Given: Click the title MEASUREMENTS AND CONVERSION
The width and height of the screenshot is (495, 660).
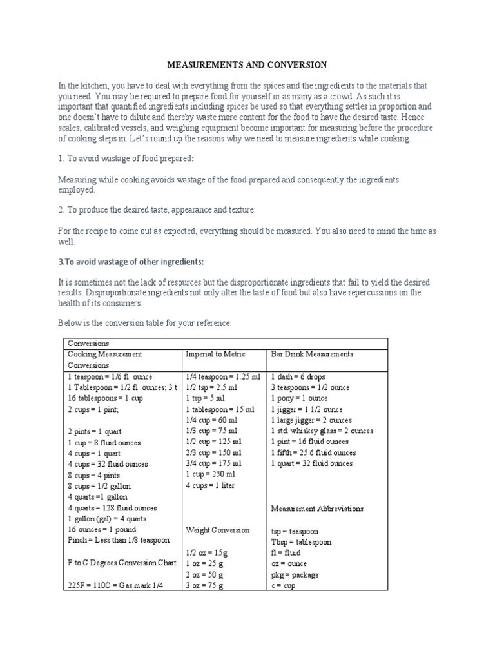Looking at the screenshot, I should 247,64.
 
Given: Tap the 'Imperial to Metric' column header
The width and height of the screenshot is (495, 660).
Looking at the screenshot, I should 215,354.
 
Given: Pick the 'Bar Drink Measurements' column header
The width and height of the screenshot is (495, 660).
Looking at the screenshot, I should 312,354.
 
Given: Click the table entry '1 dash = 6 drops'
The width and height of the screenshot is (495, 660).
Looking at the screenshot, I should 298,376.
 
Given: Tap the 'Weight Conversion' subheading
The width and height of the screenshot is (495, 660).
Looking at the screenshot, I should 217,530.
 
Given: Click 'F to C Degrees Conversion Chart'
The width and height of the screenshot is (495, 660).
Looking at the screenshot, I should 122,563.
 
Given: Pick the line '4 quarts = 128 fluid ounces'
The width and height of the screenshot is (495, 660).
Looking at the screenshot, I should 112,508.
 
